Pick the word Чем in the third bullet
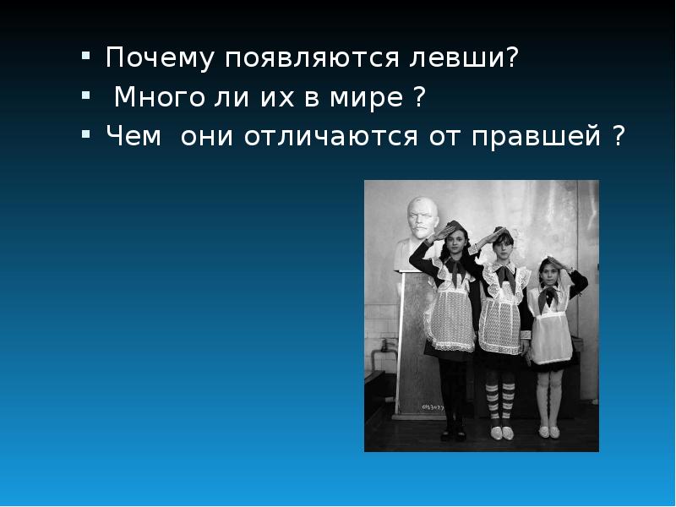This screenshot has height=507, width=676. pyautogui.click(x=132, y=136)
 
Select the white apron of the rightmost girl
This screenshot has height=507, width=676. pyautogui.click(x=549, y=338)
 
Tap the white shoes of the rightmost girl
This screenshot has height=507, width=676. pyautogui.click(x=551, y=431)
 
